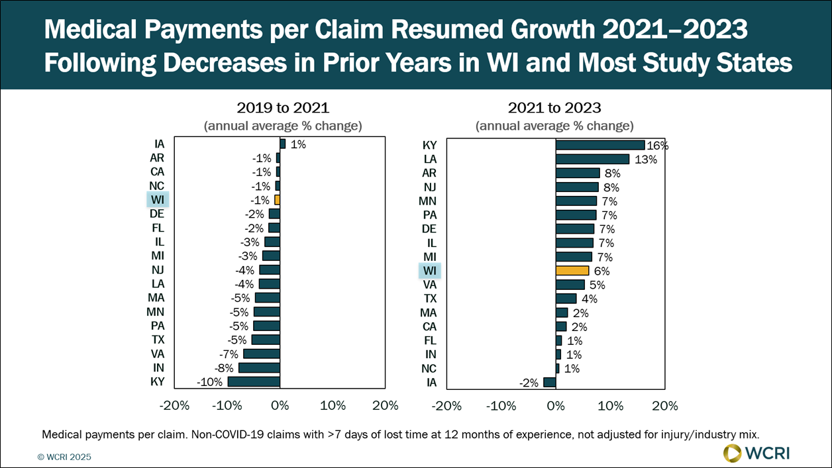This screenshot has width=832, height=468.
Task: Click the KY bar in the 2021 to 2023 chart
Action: [x=600, y=145]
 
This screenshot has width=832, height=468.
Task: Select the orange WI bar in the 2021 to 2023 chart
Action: [x=572, y=270]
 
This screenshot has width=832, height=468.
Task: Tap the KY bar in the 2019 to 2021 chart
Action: [x=254, y=382]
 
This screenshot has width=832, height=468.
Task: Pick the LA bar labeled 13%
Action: [x=592, y=159]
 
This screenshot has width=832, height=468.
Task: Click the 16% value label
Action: [x=658, y=146]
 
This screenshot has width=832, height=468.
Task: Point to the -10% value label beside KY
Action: [x=209, y=382]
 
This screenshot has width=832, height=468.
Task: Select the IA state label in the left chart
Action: [x=158, y=144]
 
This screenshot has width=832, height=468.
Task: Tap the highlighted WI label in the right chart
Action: [x=429, y=271]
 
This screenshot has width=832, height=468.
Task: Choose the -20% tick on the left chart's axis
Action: [x=176, y=406]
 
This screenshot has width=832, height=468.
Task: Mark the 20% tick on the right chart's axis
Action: [x=665, y=406]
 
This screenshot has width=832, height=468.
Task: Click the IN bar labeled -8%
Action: [x=259, y=368]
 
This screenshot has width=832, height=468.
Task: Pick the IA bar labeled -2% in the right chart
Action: [x=549, y=382]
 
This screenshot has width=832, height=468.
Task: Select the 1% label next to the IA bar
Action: [x=298, y=144]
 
